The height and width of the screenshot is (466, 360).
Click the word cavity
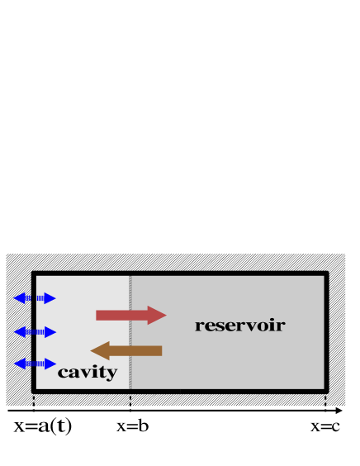pos(87,373)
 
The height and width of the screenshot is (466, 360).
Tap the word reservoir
pos(239,326)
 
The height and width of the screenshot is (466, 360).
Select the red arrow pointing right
pos(130,315)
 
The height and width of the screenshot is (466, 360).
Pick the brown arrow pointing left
pos(126,350)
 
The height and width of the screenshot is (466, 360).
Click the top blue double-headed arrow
pos(34,298)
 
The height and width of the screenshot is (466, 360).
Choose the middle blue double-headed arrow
pos(34,332)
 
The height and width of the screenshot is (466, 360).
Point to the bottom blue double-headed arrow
pos(34,364)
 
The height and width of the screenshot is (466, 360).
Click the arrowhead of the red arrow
pos(158,315)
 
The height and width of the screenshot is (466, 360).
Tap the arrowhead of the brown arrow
pos(100,350)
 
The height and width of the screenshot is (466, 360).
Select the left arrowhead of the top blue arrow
pos(18,298)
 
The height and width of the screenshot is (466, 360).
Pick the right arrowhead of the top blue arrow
pos(50,298)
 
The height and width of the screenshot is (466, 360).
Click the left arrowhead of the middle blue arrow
pos(18,332)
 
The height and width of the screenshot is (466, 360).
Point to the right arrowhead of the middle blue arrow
pos(50,332)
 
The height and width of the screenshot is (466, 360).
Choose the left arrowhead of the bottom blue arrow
pos(18,364)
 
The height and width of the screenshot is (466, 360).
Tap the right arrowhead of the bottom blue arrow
pos(50,364)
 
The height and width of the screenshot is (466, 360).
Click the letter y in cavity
pos(111,374)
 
